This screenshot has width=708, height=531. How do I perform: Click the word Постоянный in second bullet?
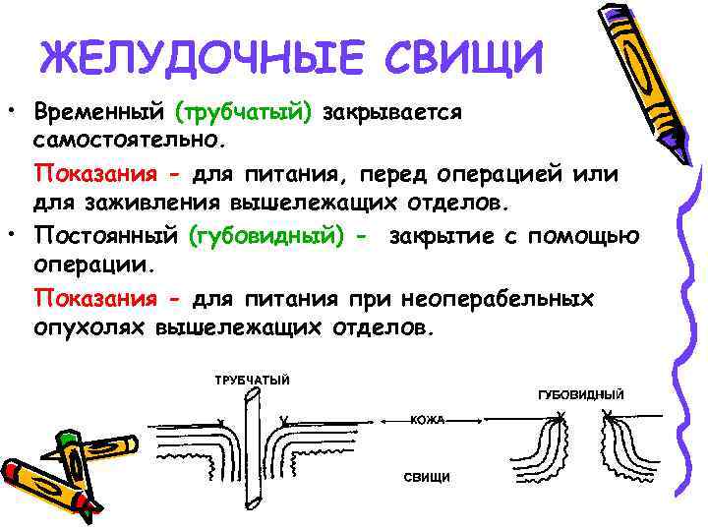[x=105, y=237]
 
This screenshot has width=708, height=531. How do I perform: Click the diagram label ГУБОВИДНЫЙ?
[x=580, y=394]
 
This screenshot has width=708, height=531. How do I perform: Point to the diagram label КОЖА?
[x=428, y=420]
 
